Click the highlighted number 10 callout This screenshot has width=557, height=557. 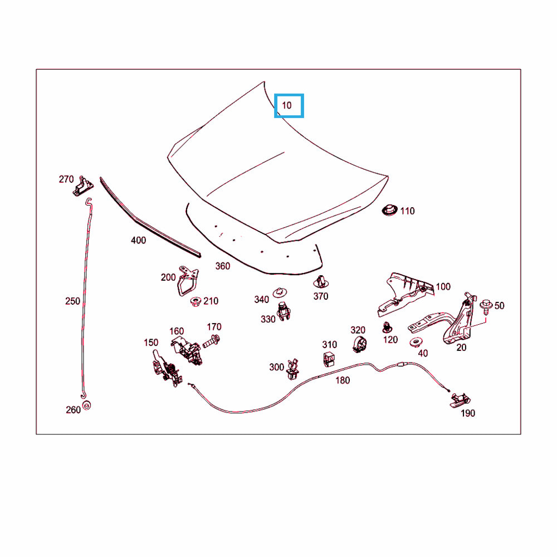(x=289, y=106)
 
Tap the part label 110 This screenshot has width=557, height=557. (x=407, y=211)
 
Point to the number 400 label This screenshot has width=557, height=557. (x=138, y=241)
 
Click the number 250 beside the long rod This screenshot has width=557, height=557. (x=72, y=301)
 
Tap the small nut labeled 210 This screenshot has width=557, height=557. (x=195, y=301)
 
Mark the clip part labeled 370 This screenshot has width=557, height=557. (x=320, y=282)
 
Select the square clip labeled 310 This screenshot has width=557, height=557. (x=330, y=359)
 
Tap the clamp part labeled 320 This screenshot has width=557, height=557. (x=358, y=344)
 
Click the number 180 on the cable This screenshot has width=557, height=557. (x=343, y=380)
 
